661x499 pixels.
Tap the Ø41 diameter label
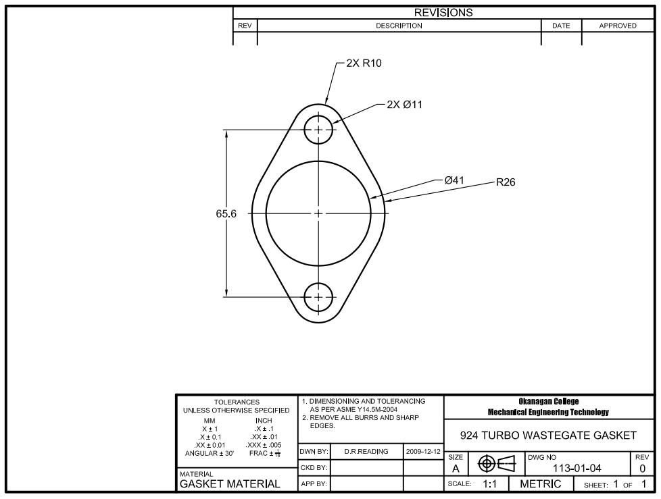tap(454, 180)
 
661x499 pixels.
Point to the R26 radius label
tap(506, 182)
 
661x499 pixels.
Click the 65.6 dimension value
tap(226, 213)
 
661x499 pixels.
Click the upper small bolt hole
tap(318, 129)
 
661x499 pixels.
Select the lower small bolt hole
tap(318, 296)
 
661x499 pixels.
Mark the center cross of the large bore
tap(318, 213)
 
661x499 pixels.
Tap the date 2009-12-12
tap(423, 451)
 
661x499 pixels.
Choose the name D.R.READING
tap(366, 451)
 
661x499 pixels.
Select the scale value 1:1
tap(491, 484)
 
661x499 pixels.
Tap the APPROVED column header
tap(618, 26)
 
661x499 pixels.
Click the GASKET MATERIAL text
tap(230, 484)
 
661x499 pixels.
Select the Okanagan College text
tap(548, 402)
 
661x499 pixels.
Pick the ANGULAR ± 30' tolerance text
tap(210, 453)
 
